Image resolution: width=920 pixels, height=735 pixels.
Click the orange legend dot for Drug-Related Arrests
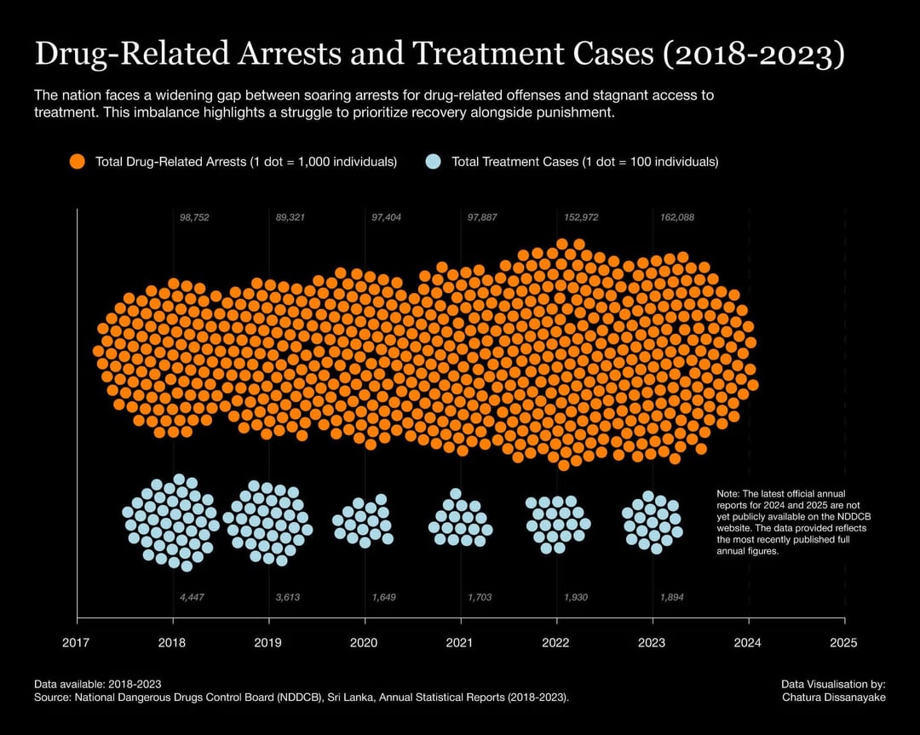pos(78,162)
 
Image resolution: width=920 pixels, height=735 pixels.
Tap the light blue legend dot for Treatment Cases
pos(433,162)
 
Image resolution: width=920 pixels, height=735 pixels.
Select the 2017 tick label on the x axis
pos(77,643)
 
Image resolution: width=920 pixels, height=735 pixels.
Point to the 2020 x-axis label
pos(364,643)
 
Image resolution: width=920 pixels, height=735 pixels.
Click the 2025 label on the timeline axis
pos(843,643)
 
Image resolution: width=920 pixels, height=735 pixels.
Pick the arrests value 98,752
pos(194,218)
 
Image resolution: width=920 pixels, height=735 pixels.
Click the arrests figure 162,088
pos(677,218)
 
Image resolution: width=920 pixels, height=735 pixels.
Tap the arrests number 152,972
pos(582,218)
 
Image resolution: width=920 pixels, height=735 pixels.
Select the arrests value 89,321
pos(290,218)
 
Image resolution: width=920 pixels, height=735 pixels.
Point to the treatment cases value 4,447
pos(192,597)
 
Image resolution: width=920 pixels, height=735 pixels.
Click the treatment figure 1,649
pos(383,597)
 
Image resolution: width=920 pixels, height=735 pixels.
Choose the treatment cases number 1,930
pos(576,597)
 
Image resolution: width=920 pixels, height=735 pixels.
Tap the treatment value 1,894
pos(672,597)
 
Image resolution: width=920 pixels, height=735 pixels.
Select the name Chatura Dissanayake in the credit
pos(834,698)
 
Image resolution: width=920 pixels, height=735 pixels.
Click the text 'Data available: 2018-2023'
pos(97,684)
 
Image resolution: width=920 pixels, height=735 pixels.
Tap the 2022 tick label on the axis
pos(555,643)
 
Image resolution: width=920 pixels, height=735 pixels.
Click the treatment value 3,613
pos(288,597)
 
